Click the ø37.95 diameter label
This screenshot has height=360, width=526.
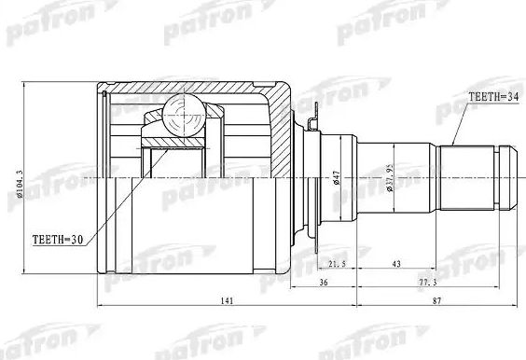click(x=390, y=175)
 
